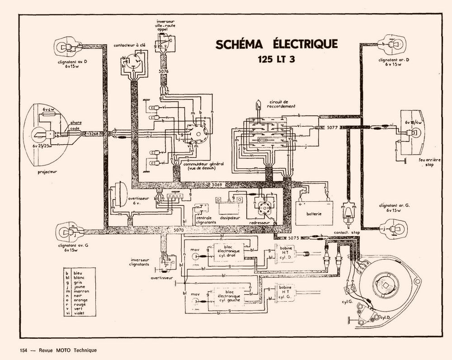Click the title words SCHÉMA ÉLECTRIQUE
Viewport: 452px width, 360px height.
(276, 44)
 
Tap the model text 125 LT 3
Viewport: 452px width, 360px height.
(276, 59)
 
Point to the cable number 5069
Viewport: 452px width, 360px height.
(218, 185)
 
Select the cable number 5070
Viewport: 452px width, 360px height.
(179, 230)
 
